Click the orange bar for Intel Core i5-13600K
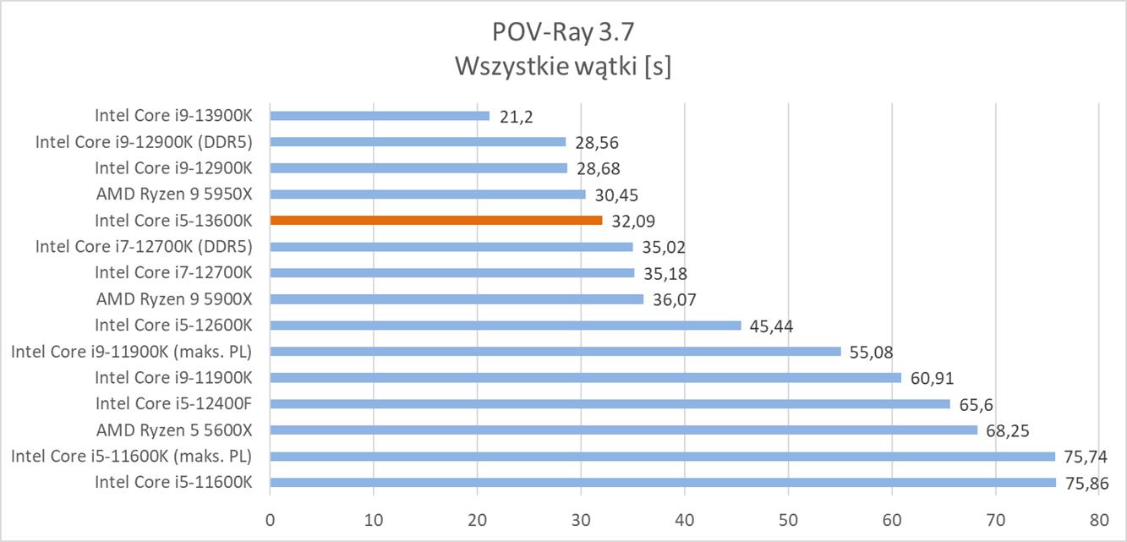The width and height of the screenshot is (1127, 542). tap(436, 220)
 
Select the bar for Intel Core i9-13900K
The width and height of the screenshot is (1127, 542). tap(380, 115)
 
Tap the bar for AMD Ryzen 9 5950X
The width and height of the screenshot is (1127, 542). tap(428, 194)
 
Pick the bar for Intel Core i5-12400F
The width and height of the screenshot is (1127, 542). tap(610, 403)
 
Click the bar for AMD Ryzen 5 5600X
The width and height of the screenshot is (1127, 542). tap(623, 430)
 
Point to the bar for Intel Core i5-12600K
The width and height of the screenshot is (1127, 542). tap(506, 326)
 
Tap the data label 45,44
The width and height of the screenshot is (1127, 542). tap(772, 326)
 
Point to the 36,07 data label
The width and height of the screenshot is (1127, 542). tap(675, 299)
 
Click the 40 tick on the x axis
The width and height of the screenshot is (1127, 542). tap(684, 518)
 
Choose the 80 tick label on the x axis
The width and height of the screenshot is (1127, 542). tap(1098, 518)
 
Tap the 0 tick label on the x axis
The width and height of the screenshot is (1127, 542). tap(271, 518)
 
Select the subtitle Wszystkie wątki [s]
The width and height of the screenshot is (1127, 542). tap(562, 66)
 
